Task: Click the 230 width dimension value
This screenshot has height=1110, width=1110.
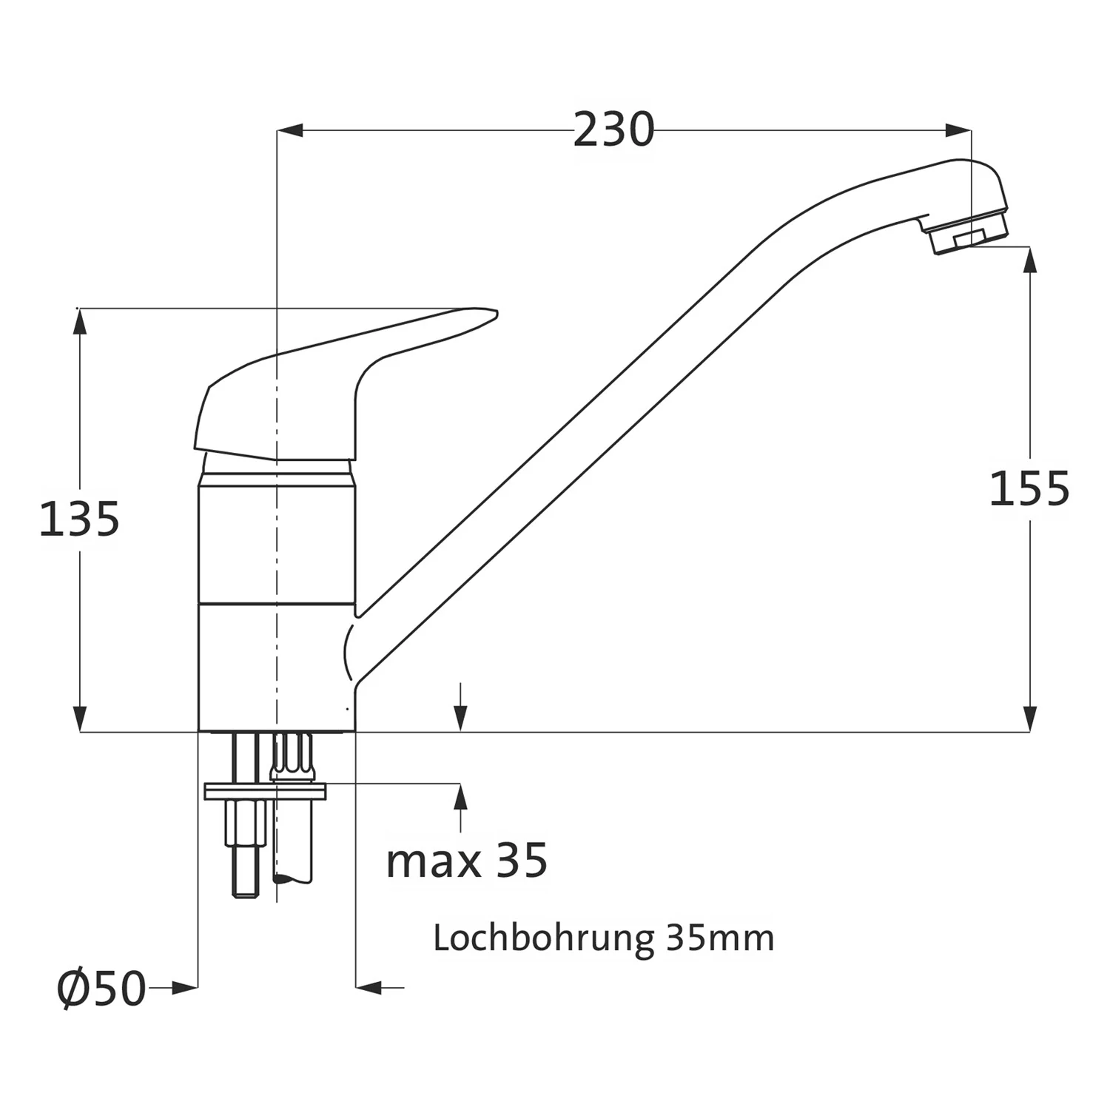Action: click(x=613, y=130)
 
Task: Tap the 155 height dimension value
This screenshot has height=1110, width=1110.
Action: click(x=1029, y=488)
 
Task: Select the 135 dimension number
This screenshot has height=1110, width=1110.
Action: click(x=79, y=519)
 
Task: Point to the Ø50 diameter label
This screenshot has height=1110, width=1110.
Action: click(x=101, y=988)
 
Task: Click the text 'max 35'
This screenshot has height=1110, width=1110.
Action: click(x=467, y=860)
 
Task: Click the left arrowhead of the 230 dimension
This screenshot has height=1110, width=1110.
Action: click(x=289, y=131)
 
